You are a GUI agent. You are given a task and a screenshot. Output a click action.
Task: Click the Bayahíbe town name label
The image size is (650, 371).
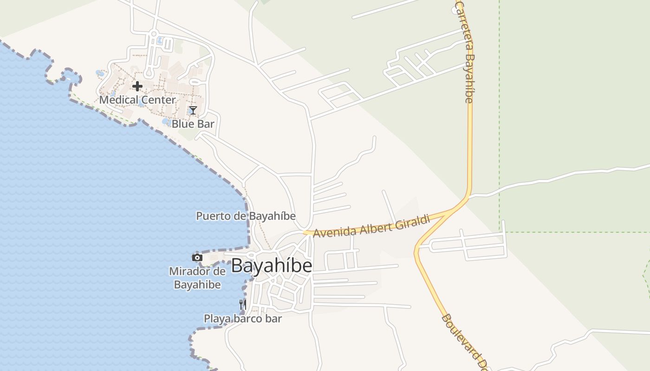[271, 266]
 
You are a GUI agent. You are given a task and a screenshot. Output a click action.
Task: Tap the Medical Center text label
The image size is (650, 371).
[137, 100]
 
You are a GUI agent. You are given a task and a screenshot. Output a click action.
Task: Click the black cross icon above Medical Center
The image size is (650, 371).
[137, 86]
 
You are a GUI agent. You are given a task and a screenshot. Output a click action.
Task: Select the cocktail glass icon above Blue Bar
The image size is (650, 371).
[193, 110]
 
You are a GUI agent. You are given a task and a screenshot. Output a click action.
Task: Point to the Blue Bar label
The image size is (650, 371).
[193, 124]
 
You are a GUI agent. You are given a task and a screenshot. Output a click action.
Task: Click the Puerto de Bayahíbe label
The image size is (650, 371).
[246, 216]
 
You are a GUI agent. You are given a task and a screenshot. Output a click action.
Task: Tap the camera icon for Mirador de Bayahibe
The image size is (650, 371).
[197, 258]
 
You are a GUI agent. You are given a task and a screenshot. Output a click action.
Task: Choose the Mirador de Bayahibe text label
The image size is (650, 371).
[197, 278]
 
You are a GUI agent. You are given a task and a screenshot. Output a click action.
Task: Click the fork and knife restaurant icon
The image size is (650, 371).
[242, 305]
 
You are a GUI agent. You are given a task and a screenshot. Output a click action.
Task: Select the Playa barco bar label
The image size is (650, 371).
[243, 319]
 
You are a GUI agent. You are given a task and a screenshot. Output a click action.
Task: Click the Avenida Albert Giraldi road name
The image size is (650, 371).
[371, 226]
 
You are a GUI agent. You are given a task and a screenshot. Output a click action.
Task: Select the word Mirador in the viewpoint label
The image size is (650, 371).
[190, 271]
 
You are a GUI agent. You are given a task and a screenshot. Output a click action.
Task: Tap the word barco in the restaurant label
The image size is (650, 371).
[243, 319]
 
